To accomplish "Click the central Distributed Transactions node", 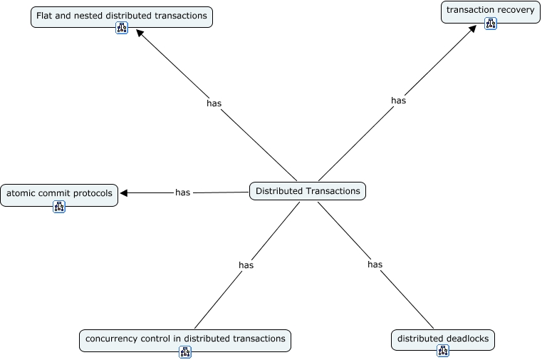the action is [308, 191].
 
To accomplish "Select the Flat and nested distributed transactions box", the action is [122, 16].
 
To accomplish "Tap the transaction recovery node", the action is [491, 12].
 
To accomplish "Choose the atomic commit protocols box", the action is [59, 195].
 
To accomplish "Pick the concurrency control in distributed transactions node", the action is [185, 341].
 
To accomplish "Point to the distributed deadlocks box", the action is [443, 340].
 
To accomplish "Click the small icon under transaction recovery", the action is [491, 24].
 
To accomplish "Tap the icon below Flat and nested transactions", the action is [122, 28].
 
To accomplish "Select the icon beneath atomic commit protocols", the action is [59, 207].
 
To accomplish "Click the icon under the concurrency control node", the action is [185, 352].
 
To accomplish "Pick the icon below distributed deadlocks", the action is [443, 350].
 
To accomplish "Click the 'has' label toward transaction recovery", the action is [398, 101].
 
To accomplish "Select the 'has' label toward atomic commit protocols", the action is [182, 192].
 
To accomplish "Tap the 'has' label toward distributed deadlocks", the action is [375, 264].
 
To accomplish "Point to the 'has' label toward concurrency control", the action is [246, 265].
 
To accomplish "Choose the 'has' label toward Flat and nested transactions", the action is [214, 103].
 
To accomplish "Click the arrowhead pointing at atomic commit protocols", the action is [124, 193].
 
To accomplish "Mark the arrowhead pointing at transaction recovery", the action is [472, 29].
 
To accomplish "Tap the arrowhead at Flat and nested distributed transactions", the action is [140, 34].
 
